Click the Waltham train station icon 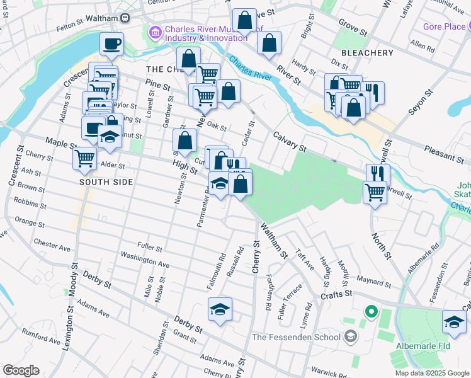pos(125,19)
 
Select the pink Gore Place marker pos(468,26)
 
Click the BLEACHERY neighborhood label pos(367,53)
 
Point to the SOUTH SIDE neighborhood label pos(106,182)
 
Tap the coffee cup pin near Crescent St pos(111,44)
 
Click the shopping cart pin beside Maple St pos(84,158)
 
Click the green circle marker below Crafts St pos(371,311)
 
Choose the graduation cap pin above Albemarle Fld pos(454,321)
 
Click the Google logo pos(21,370)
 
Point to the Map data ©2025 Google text pos(432,373)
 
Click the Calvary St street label pos(289,142)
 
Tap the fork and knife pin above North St pos(378,174)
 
